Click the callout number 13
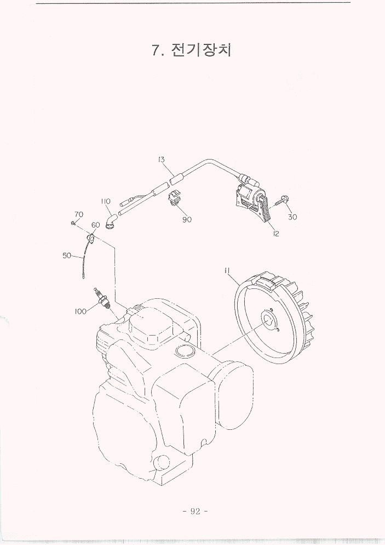coord(161,160)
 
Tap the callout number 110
coord(106,201)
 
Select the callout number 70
coord(79,214)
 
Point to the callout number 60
coord(95,225)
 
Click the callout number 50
coord(67,256)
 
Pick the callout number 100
coord(81,311)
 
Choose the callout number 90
coord(187,220)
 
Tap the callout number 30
coord(292,217)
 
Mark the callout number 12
coord(276,234)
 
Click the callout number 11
coord(228,270)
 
